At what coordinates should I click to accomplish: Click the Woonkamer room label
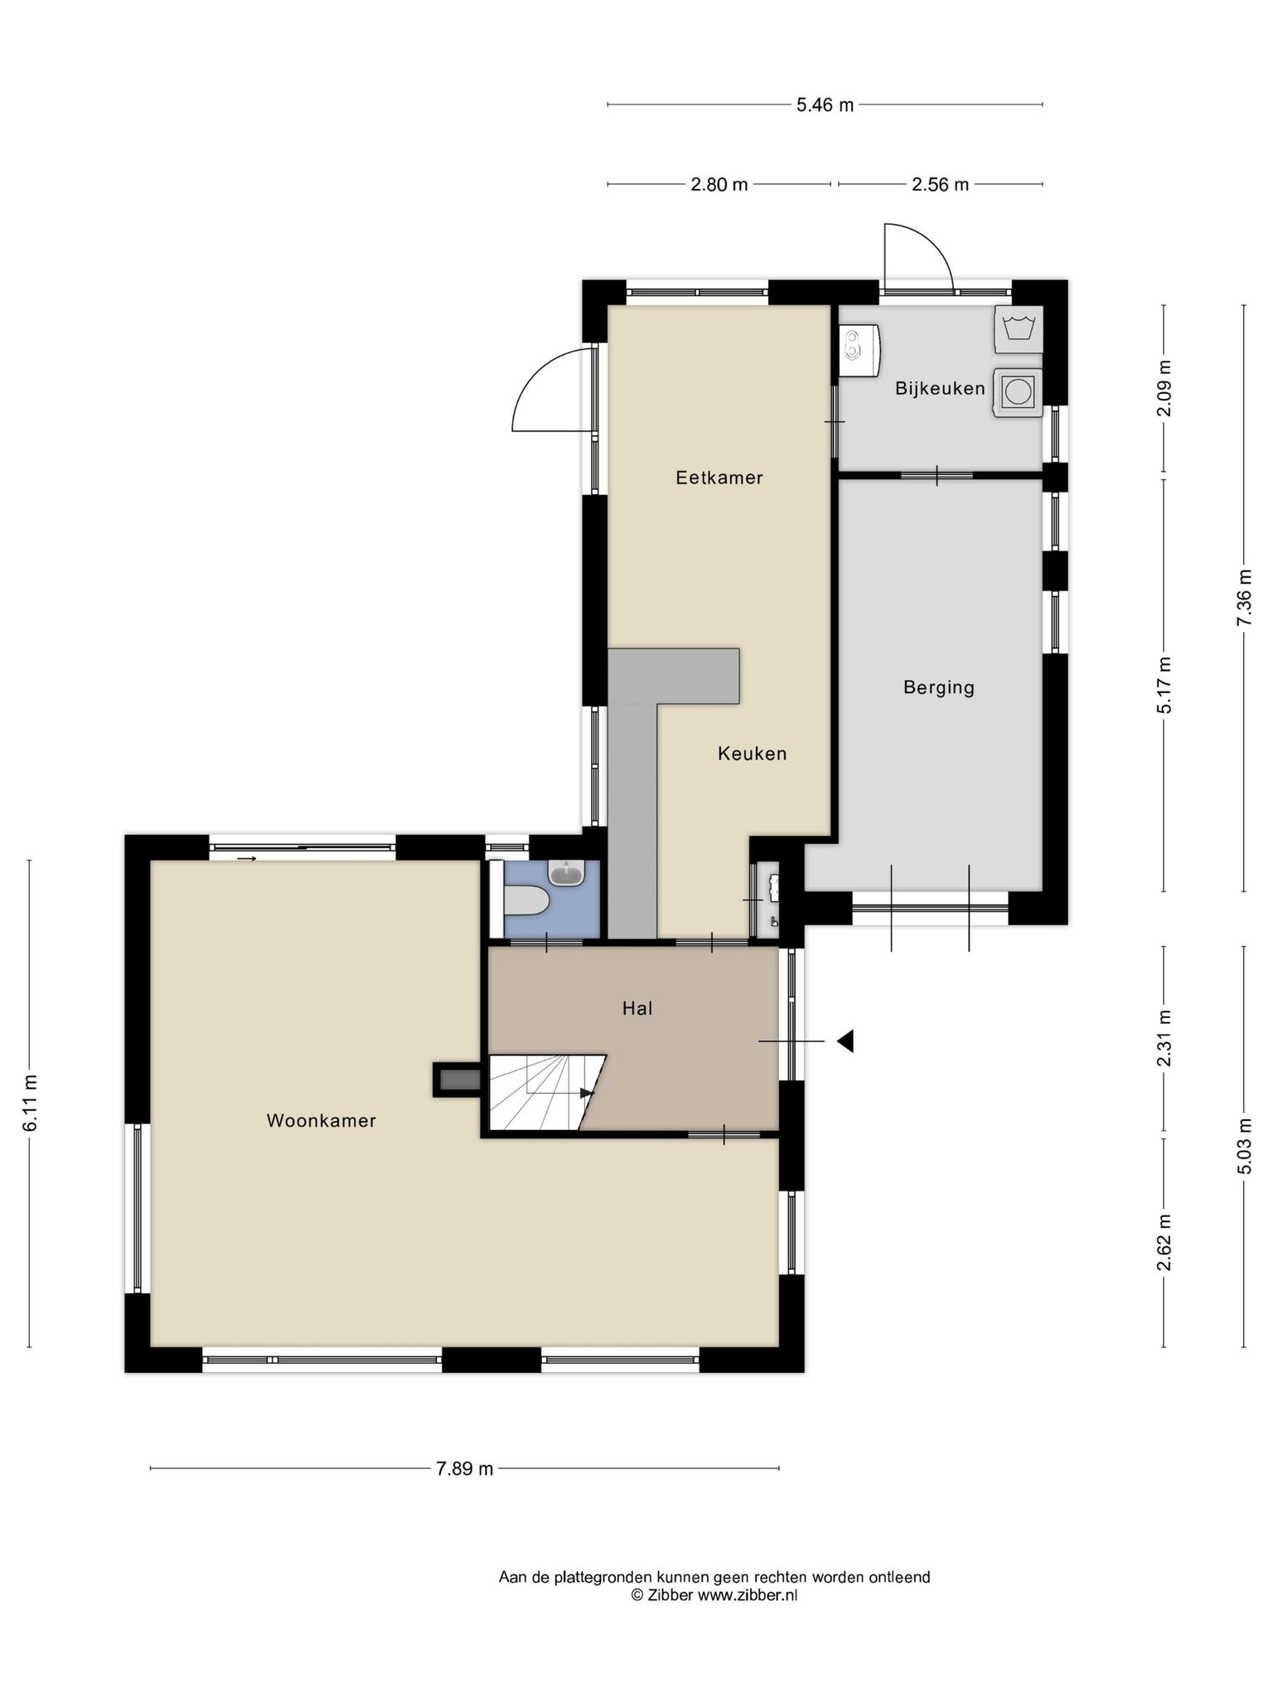coord(322,1121)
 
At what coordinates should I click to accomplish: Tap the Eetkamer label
coord(719,478)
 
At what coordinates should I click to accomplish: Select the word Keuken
coord(752,754)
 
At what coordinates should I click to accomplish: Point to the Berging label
coord(938,687)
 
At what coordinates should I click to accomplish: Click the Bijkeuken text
coord(940,388)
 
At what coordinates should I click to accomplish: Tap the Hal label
coord(637,1008)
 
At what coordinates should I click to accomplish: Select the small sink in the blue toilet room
coord(567,873)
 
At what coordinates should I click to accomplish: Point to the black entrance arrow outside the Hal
coord(845,1041)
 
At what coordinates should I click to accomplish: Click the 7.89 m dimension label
coord(464,1469)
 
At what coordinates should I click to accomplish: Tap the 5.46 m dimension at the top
coord(825,105)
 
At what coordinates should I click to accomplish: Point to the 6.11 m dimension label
coord(31,1104)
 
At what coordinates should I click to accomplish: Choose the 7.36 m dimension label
coord(1244,599)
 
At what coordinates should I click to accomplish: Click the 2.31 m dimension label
coord(1164,1039)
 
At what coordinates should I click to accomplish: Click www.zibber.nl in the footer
coord(747,1595)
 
